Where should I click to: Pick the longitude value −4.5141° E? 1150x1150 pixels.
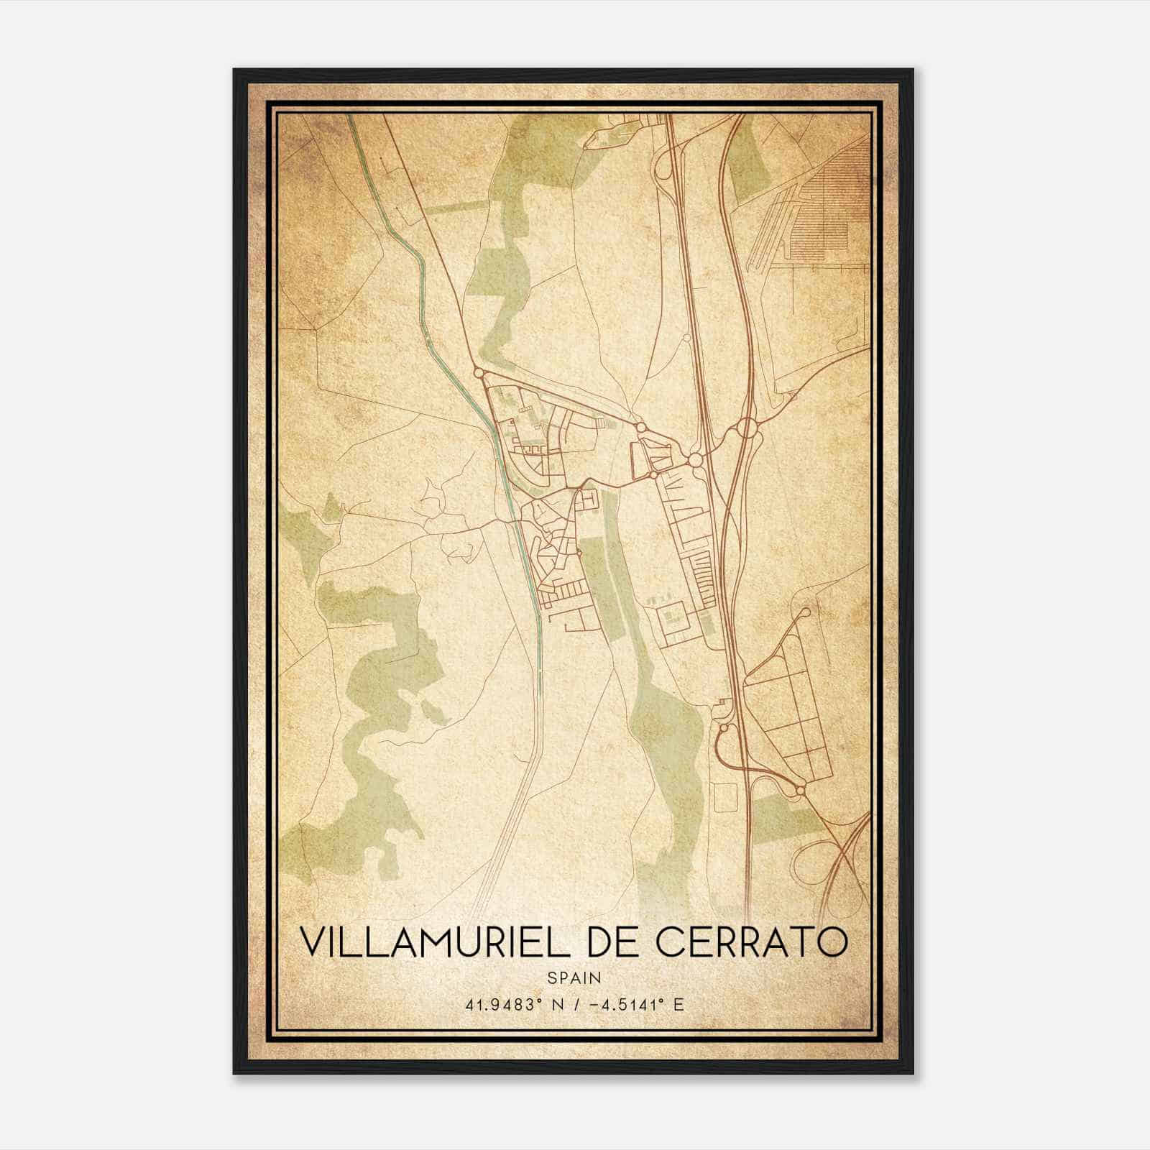coord(635,1004)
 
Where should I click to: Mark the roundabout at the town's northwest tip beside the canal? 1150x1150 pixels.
coord(478,372)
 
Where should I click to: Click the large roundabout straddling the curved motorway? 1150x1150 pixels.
coord(745,429)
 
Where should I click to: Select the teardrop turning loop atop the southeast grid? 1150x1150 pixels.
coord(804,613)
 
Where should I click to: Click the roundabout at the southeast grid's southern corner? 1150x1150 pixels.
coord(799,791)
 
